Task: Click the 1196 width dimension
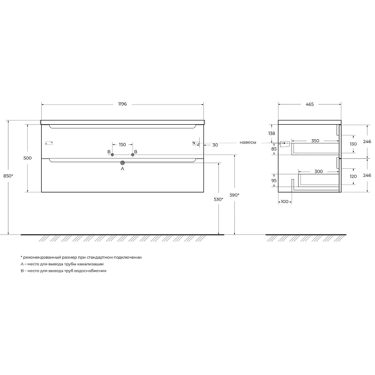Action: [122, 104]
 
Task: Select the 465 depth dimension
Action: [309, 104]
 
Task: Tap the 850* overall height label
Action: [8, 176]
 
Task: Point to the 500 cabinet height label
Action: [28, 158]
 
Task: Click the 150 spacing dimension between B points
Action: [122, 145]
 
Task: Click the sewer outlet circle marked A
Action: [122, 163]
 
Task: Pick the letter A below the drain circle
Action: [122, 169]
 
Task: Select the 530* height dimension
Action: [218, 199]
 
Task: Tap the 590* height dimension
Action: [234, 195]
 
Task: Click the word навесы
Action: [248, 142]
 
